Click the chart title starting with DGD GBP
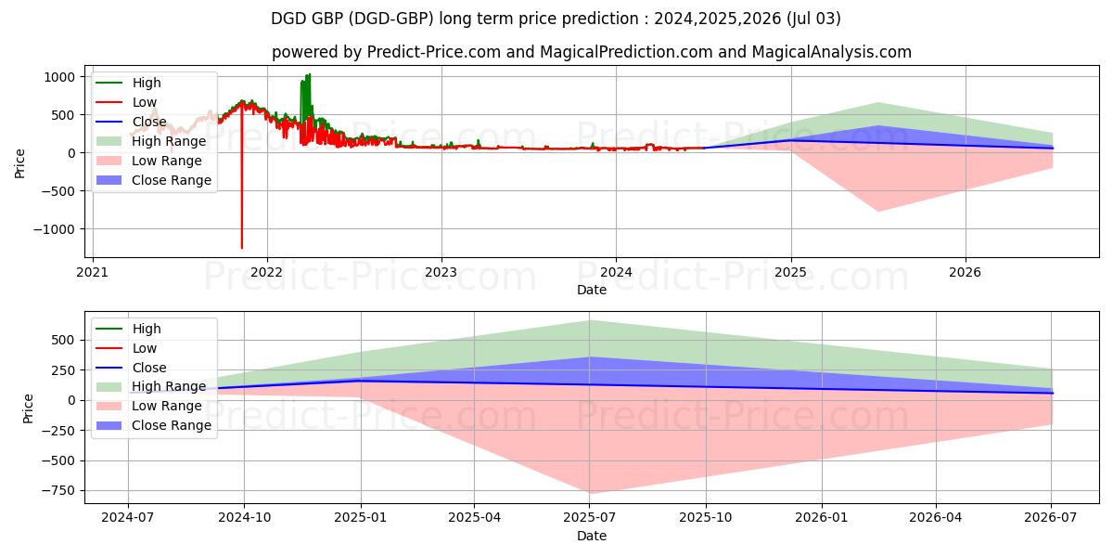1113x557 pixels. click(x=556, y=19)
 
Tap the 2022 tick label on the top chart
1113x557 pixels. click(x=267, y=272)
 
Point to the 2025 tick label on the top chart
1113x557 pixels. click(x=791, y=272)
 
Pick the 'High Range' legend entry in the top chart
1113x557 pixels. click(x=169, y=141)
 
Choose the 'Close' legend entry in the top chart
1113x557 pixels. click(x=149, y=122)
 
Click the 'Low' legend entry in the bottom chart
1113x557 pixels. click(x=145, y=348)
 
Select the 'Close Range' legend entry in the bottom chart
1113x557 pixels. click(x=172, y=425)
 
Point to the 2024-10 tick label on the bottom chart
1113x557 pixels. click(x=245, y=517)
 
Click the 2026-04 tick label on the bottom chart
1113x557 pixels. click(x=936, y=517)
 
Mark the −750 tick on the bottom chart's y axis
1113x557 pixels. click(x=58, y=490)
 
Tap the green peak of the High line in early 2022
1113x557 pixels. click(x=309, y=74)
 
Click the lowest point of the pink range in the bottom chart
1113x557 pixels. click(x=591, y=493)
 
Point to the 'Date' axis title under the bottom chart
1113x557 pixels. click(x=592, y=536)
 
